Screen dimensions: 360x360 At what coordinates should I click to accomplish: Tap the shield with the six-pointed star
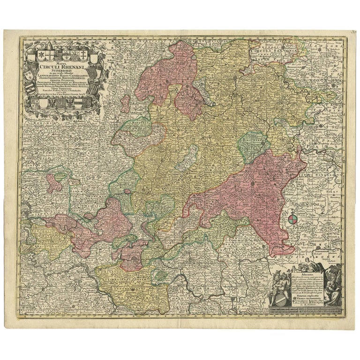tap(41, 55)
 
